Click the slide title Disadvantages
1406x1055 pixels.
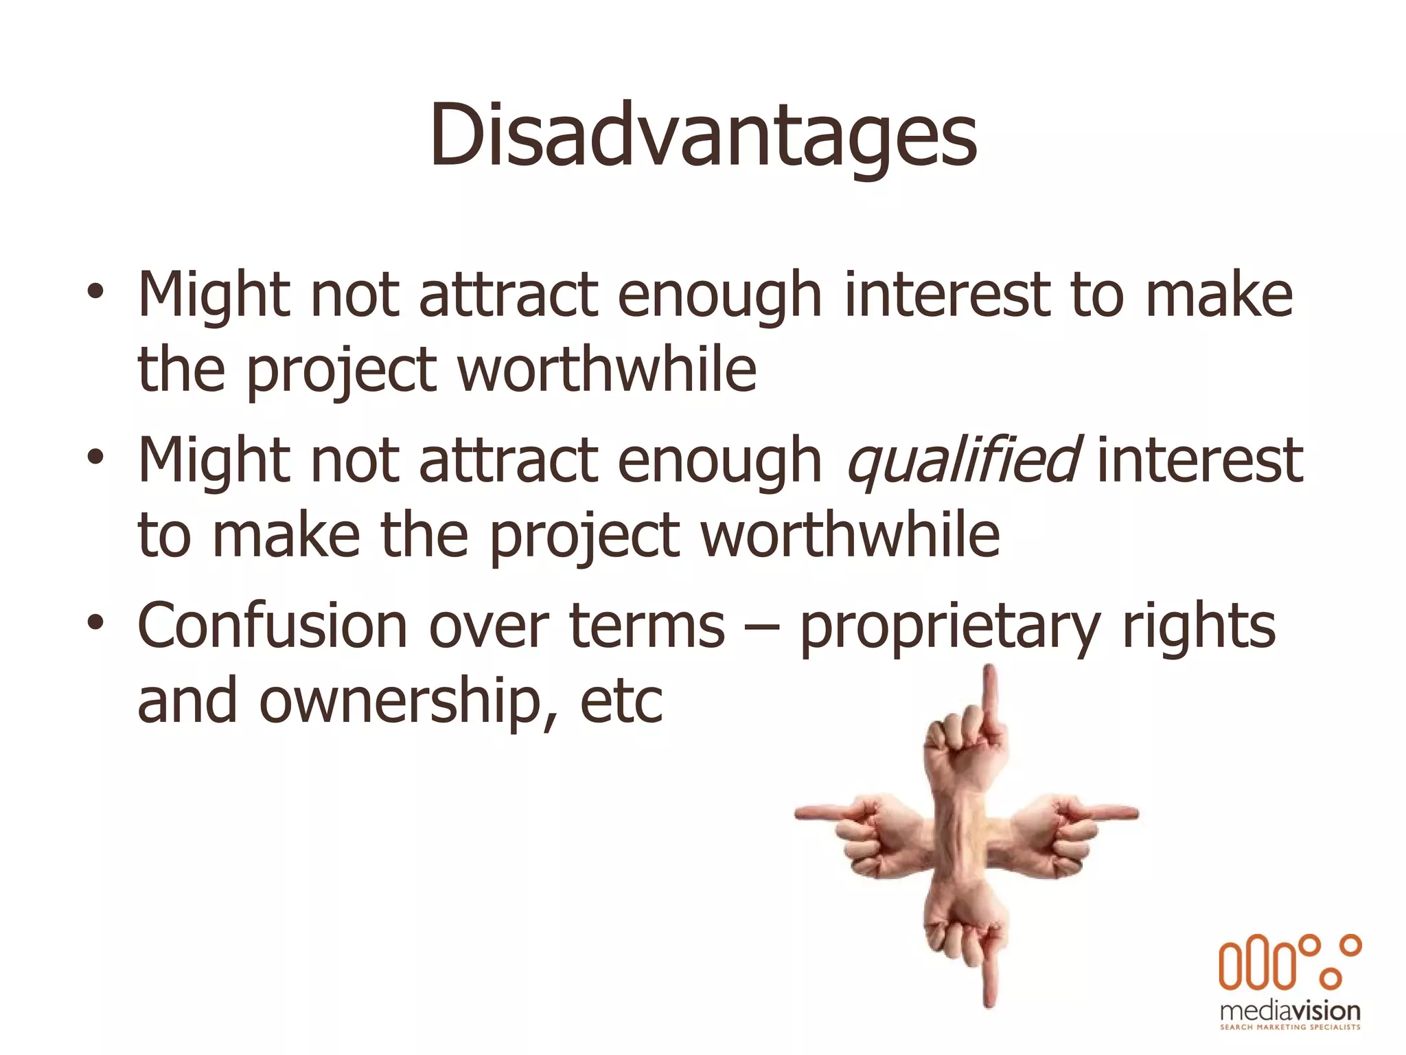703,135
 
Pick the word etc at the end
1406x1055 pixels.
621,702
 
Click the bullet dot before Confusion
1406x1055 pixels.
95,622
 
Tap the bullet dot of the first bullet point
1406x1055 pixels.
95,292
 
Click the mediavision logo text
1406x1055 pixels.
1290,1011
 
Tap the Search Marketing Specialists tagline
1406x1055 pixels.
1290,1028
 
